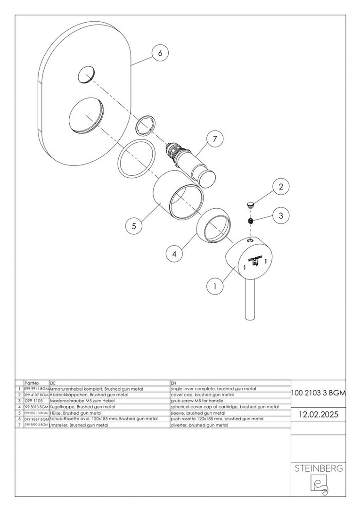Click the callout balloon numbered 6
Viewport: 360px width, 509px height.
pyautogui.click(x=160, y=53)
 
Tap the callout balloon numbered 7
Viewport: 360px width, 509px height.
pyautogui.click(x=215, y=139)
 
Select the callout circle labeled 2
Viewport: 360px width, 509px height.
pyautogui.click(x=281, y=187)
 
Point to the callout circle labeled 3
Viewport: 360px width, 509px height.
pyautogui.click(x=281, y=216)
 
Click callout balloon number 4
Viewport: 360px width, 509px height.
pyautogui.click(x=174, y=254)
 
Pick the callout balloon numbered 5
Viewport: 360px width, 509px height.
pyautogui.click(x=134, y=226)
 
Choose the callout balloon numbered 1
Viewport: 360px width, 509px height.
pyautogui.click(x=215, y=285)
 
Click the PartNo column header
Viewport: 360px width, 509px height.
pyautogui.click(x=31, y=383)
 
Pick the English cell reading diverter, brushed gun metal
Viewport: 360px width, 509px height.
pyautogui.click(x=199, y=425)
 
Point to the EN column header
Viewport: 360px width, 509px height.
pyautogui.click(x=173, y=383)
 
